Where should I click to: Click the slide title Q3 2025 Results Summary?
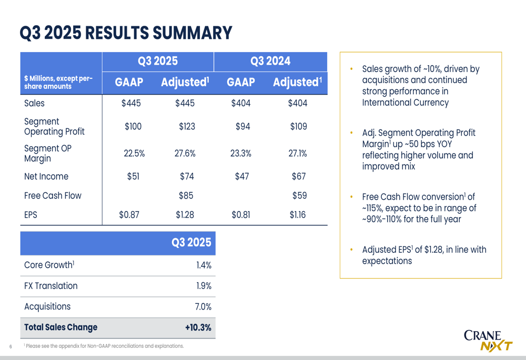pyautogui.click(x=126, y=33)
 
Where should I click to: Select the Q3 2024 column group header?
pyautogui.click(x=270, y=61)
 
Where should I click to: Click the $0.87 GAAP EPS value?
pyautogui.click(x=129, y=214)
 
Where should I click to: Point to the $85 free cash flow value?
pyautogui.click(x=186, y=196)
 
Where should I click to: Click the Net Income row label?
pyautogui.click(x=46, y=177)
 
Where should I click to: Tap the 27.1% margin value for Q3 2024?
pyautogui.click(x=298, y=153)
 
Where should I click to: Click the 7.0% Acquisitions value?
pyautogui.click(x=203, y=306)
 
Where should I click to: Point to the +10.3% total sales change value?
pyautogui.click(x=198, y=327)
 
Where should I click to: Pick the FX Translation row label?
pyautogui.click(x=51, y=286)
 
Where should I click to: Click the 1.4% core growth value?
pyautogui.click(x=204, y=265)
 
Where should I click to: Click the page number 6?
pyautogui.click(x=11, y=346)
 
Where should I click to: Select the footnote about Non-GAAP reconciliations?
pyautogui.click(x=104, y=346)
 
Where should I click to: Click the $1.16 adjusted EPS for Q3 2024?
pyautogui.click(x=298, y=214)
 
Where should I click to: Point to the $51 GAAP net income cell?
pyautogui.click(x=133, y=177)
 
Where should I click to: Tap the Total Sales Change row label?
pyautogui.click(x=61, y=327)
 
